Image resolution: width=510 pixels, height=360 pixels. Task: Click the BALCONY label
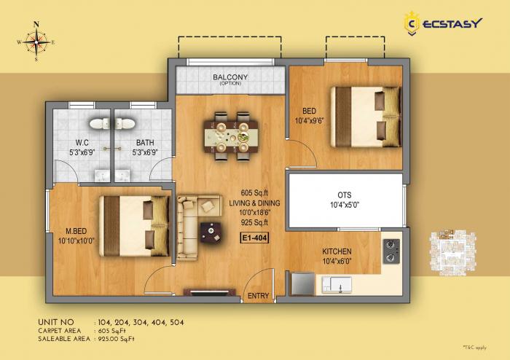(x=230, y=77)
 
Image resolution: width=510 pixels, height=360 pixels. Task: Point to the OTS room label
(x=345, y=195)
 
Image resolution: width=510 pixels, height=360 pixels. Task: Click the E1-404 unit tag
(x=254, y=236)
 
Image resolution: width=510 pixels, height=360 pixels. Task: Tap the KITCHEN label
(x=337, y=251)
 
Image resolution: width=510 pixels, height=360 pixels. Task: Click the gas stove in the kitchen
(x=391, y=251)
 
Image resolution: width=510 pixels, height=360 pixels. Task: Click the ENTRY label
(x=258, y=296)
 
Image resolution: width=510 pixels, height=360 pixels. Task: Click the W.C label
(x=82, y=143)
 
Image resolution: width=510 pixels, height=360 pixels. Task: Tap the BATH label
(x=144, y=143)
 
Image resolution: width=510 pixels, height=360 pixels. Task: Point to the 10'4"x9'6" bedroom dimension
(x=312, y=120)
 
